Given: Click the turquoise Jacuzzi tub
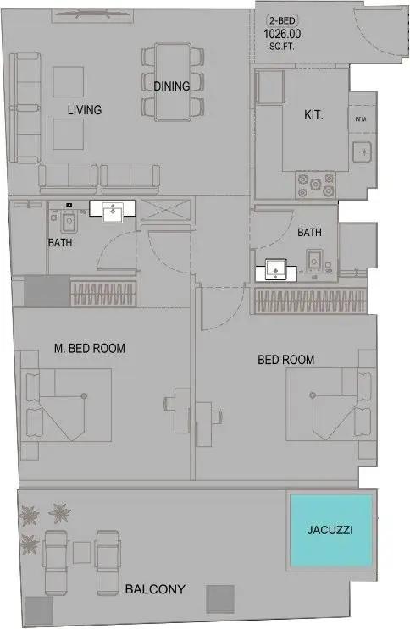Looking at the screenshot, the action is tap(331, 530).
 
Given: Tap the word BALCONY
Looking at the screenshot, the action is tap(155, 589).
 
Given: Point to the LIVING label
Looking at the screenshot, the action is tap(85, 110).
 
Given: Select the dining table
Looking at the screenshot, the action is tap(173, 82).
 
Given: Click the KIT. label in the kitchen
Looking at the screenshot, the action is tap(313, 115).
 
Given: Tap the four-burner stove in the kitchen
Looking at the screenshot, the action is tap(316, 185).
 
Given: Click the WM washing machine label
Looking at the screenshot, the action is tap(361, 119).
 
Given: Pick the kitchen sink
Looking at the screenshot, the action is tap(363, 152).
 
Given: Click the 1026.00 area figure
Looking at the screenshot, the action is tap(282, 34).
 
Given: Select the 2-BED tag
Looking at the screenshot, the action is tap(282, 20).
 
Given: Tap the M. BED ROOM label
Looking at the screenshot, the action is tap(90, 348).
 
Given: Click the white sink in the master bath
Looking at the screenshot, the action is tap(113, 211).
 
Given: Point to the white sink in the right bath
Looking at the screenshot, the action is tap(276, 270).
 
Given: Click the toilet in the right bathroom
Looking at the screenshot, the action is tap(314, 260).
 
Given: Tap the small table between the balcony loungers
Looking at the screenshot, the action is tap(82, 552).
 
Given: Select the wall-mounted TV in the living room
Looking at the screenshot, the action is tap(93, 14).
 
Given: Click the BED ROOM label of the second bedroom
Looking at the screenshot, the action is tap(286, 360).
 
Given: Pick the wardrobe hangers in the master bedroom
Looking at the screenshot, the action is tap(103, 294).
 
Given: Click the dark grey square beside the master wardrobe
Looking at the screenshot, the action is tap(47, 291).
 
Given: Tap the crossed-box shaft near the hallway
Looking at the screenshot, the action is tap(165, 210).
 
